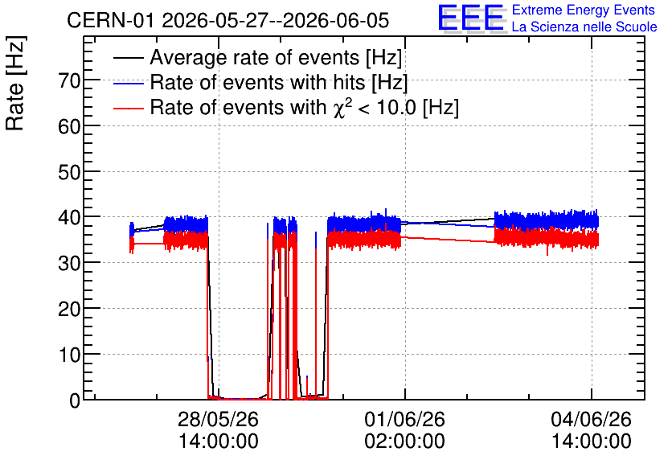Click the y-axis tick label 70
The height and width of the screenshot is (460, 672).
pyautogui.click(x=69, y=80)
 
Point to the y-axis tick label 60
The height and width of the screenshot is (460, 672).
pyautogui.click(x=69, y=126)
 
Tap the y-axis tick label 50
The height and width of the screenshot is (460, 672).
pyautogui.click(x=69, y=172)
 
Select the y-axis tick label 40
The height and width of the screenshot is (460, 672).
pyautogui.click(x=69, y=218)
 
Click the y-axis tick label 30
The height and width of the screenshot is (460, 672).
pyautogui.click(x=69, y=263)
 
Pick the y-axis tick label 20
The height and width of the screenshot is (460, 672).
pyautogui.click(x=69, y=309)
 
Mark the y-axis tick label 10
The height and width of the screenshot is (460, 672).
pyautogui.click(x=69, y=355)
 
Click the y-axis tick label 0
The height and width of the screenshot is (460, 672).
pyautogui.click(x=75, y=400)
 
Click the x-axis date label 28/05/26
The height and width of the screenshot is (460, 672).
pyautogui.click(x=218, y=419)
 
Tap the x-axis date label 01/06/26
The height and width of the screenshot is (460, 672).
pyautogui.click(x=404, y=419)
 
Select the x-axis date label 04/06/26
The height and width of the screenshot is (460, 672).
pyautogui.click(x=591, y=419)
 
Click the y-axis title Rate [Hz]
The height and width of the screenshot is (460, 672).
pyautogui.click(x=15, y=83)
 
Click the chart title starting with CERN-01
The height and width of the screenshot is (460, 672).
pyautogui.click(x=228, y=20)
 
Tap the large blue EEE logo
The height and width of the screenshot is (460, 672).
pyautogui.click(x=470, y=18)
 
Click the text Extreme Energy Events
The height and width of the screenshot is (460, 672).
pyautogui.click(x=584, y=10)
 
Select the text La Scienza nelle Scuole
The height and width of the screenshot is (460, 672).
pyautogui.click(x=584, y=27)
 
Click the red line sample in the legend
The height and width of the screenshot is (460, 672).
pyautogui.click(x=128, y=108)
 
